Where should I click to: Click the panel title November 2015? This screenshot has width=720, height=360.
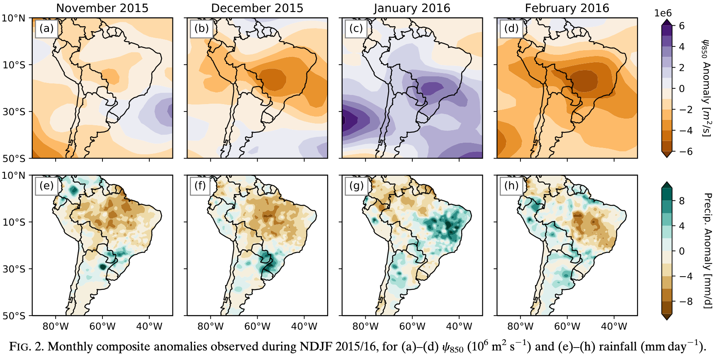(102, 8)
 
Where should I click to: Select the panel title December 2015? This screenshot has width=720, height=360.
(257, 8)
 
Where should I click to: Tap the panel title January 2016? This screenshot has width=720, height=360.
(412, 8)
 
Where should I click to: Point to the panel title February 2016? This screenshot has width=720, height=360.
(567, 8)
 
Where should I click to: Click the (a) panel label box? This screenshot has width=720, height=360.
(46, 28)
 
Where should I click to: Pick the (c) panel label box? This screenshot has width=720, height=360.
(356, 28)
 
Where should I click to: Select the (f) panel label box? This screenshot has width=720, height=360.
(200, 185)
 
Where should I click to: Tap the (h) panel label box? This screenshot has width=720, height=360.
(511, 185)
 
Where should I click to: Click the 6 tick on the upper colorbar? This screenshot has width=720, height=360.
(681, 26)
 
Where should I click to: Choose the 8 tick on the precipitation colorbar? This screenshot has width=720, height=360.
(681, 201)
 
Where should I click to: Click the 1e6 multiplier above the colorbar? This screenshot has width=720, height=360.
(663, 13)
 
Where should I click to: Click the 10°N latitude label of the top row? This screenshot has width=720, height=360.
(14, 18)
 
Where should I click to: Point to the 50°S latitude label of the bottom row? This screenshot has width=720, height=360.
(14, 316)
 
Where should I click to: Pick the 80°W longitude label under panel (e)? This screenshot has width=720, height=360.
(56, 326)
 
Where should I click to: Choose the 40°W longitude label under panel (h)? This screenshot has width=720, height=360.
(614, 326)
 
